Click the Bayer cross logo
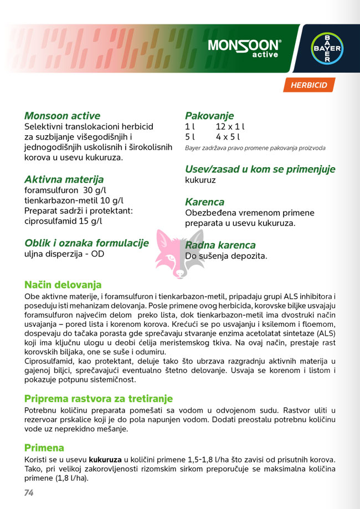click(325, 49)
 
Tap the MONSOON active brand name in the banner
click(244, 48)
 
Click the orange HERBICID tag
click(308, 85)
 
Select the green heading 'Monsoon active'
click(62, 116)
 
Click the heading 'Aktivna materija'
click(64, 179)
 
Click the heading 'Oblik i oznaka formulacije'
click(86, 243)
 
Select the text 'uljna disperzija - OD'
click(64, 254)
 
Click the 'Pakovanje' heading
click(209, 116)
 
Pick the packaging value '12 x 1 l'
click(230, 127)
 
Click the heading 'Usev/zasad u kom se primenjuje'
click(260, 169)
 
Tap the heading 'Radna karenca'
click(220, 245)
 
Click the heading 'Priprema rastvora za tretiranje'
click(99, 399)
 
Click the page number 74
click(29, 492)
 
